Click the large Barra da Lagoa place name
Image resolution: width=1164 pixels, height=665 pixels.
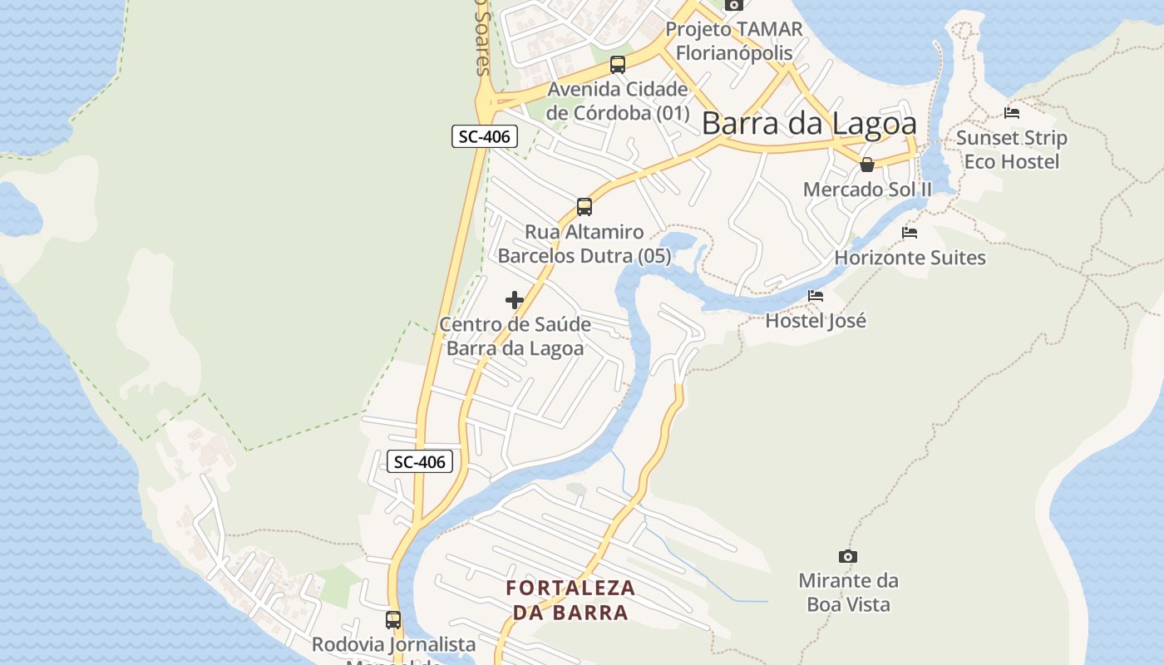tap(809, 124)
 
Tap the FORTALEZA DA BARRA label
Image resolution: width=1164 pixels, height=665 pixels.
tap(570, 600)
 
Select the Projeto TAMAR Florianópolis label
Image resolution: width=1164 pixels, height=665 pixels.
tap(734, 41)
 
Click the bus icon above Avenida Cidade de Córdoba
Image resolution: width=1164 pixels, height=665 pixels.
tap(617, 64)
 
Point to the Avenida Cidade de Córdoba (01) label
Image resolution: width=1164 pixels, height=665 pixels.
tap(618, 101)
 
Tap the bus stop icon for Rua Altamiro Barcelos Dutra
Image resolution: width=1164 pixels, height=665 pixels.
tap(584, 206)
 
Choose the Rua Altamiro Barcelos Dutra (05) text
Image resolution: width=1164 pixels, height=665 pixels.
tap(584, 244)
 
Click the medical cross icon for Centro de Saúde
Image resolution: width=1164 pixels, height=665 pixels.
tap(515, 300)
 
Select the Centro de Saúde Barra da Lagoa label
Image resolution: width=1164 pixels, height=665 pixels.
tap(515, 336)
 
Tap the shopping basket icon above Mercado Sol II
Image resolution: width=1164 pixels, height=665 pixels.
tap(867, 165)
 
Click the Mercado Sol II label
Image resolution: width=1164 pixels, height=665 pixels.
tap(867, 190)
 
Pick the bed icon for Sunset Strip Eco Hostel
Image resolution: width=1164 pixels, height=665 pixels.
tap(1011, 113)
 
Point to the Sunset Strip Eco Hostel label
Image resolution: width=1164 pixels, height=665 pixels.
tap(1011, 150)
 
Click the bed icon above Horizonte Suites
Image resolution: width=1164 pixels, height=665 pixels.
tap(910, 233)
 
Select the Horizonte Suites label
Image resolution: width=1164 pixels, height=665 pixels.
tap(910, 258)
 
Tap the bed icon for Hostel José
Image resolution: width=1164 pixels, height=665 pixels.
tap(816, 295)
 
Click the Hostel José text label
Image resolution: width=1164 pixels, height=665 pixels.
tap(816, 321)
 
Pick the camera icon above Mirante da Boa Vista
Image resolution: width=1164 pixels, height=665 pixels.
tap(847, 556)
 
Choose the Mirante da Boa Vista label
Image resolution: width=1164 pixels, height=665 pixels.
tap(848, 592)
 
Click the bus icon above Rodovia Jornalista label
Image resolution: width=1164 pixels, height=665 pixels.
tap(393, 619)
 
